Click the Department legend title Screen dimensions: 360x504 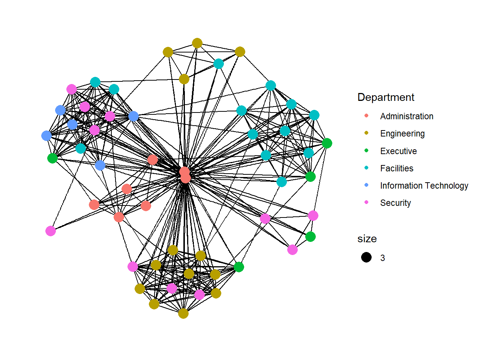(x=386, y=97)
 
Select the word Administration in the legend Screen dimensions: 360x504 (x=406, y=116)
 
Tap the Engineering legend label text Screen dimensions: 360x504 (x=402, y=133)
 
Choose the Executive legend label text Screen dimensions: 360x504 (x=398, y=151)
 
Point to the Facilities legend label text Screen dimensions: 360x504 (x=396, y=168)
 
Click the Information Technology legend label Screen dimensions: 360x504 (x=424, y=186)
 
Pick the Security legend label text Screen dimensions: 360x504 (x=395, y=203)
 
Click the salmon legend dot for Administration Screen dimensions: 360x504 (x=366, y=116)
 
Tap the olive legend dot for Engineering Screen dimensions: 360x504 (x=366, y=133)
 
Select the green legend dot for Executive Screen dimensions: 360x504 (x=366, y=151)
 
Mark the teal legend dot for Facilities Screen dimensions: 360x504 (x=366, y=168)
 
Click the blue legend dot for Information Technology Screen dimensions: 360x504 (x=366, y=185)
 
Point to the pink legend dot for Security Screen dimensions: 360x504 (x=366, y=202)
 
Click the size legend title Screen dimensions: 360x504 (x=367, y=239)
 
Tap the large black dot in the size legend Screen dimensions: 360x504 (x=366, y=257)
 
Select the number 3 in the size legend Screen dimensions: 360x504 (x=382, y=258)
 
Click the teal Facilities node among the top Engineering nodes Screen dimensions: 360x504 (x=219, y=64)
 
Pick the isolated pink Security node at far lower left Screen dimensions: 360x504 (x=51, y=231)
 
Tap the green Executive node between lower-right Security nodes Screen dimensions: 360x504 (x=310, y=237)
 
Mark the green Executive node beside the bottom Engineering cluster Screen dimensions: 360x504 (x=239, y=267)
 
